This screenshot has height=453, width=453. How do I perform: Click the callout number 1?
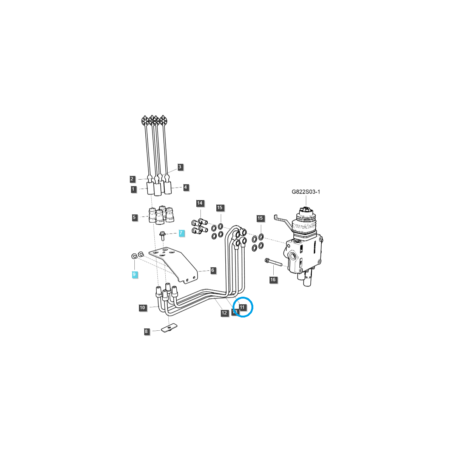134,189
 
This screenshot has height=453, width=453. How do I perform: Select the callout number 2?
132,179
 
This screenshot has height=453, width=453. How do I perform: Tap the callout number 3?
180,166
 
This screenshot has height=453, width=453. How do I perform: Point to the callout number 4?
185,187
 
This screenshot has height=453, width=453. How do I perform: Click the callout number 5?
134,217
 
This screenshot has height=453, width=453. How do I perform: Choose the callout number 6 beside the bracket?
213,270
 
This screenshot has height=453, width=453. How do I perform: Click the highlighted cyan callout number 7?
181,233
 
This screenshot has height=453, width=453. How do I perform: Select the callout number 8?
146,331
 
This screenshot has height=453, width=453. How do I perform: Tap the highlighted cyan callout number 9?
134,274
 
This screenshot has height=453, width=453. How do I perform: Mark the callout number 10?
142,308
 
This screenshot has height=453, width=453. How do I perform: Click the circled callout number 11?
242,307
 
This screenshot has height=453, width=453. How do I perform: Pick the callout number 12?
224,313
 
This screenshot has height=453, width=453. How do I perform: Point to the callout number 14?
200,203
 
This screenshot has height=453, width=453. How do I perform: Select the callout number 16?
273,280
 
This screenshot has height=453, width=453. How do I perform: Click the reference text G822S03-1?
306,192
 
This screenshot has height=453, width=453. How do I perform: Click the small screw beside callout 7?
163,236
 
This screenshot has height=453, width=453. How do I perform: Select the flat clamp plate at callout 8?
169,328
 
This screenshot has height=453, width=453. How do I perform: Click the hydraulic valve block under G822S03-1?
304,253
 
